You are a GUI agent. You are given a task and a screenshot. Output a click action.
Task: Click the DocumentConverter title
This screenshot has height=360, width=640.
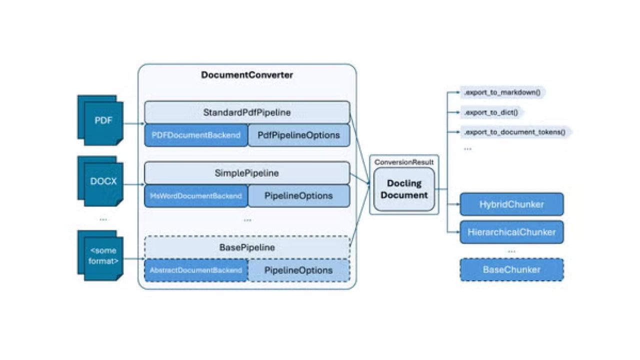[x=247, y=75]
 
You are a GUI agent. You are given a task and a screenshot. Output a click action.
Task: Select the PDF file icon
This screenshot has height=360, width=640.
[x=100, y=120]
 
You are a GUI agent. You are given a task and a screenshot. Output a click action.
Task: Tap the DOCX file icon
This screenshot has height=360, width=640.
[x=100, y=181]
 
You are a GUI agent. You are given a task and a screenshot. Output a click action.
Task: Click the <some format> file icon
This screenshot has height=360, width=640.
[x=100, y=255]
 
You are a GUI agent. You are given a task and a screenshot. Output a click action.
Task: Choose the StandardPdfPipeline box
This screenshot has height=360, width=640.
[x=247, y=112]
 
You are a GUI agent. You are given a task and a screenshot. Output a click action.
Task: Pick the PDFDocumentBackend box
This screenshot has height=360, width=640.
[x=196, y=135]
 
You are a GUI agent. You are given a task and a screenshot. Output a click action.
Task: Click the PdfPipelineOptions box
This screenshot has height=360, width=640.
[x=299, y=135]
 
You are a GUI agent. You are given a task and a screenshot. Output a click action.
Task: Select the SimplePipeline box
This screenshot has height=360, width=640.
[x=247, y=173]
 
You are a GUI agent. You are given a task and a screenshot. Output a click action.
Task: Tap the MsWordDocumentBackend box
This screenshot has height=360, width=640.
[x=196, y=195]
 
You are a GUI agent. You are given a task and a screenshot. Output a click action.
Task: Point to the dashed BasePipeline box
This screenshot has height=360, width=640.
[x=247, y=247]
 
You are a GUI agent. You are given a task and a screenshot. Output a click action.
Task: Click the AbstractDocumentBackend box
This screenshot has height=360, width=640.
[x=196, y=270]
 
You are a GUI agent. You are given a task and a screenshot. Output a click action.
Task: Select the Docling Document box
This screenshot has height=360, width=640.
[x=404, y=189]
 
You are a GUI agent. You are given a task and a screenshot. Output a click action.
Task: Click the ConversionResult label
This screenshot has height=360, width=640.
[x=404, y=162]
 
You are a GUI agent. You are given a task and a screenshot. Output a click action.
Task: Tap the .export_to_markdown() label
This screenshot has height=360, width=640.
[x=502, y=92]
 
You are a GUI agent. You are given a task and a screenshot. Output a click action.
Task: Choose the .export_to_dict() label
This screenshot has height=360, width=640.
[x=491, y=112]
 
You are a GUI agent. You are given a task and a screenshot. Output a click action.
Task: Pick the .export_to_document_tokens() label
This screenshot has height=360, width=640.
[x=515, y=132]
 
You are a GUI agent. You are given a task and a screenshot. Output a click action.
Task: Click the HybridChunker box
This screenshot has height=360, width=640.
[x=511, y=204]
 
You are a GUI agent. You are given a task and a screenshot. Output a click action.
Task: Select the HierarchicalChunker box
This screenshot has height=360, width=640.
[x=511, y=232]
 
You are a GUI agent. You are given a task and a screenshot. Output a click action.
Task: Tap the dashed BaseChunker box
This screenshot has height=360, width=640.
[x=511, y=269]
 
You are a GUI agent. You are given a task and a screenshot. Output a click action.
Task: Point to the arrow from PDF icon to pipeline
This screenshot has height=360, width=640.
[x=134, y=123]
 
